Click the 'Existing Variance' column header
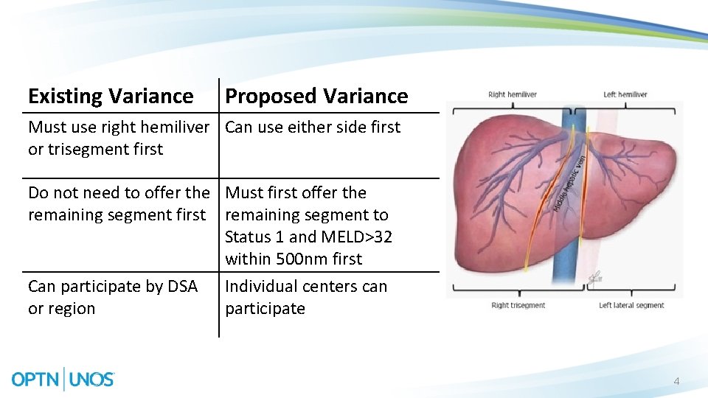click(x=111, y=96)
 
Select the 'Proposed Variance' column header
click(x=316, y=96)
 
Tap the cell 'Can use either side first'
click(x=313, y=127)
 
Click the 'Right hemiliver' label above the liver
click(x=513, y=94)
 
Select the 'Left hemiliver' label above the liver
click(x=625, y=94)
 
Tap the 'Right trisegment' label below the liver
click(x=518, y=305)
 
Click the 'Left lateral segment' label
click(x=631, y=305)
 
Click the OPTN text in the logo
click(x=36, y=380)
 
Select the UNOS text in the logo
click(x=92, y=380)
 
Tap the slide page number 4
click(x=676, y=382)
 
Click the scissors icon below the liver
click(x=593, y=278)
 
